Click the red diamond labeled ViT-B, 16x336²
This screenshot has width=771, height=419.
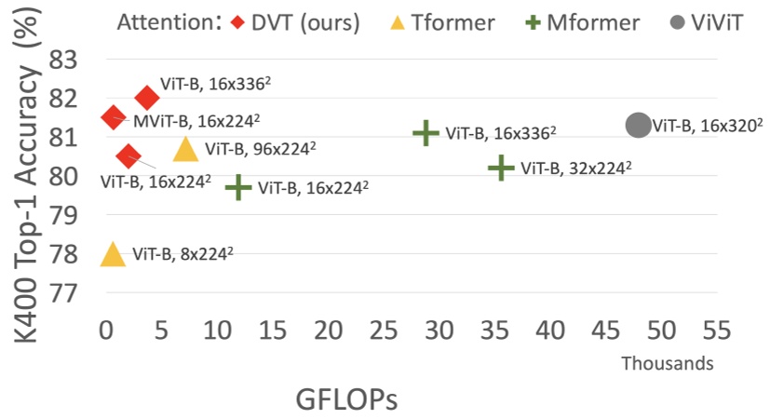(x=146, y=97)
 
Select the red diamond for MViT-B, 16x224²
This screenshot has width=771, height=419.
(x=113, y=116)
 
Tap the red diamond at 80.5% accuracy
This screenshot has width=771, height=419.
(x=128, y=156)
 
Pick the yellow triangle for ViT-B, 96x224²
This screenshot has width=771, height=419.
(x=185, y=149)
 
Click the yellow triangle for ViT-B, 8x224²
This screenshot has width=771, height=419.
(x=113, y=254)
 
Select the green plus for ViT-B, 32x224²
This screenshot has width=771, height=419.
(x=501, y=169)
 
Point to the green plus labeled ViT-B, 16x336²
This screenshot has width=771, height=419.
(x=426, y=133)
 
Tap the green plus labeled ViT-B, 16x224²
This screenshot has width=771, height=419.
(x=238, y=187)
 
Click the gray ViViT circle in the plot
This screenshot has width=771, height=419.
(x=638, y=125)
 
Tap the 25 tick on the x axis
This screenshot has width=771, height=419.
(x=383, y=331)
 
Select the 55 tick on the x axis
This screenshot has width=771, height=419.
(x=715, y=331)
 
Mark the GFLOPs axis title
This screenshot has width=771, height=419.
(x=346, y=399)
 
